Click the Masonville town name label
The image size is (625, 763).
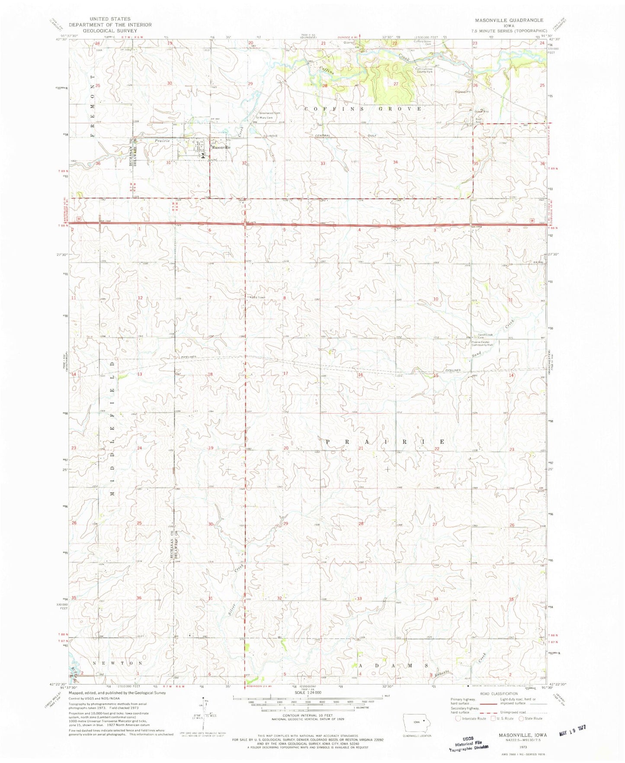221,147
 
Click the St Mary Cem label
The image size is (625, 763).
265,118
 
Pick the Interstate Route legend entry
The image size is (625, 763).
471,718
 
